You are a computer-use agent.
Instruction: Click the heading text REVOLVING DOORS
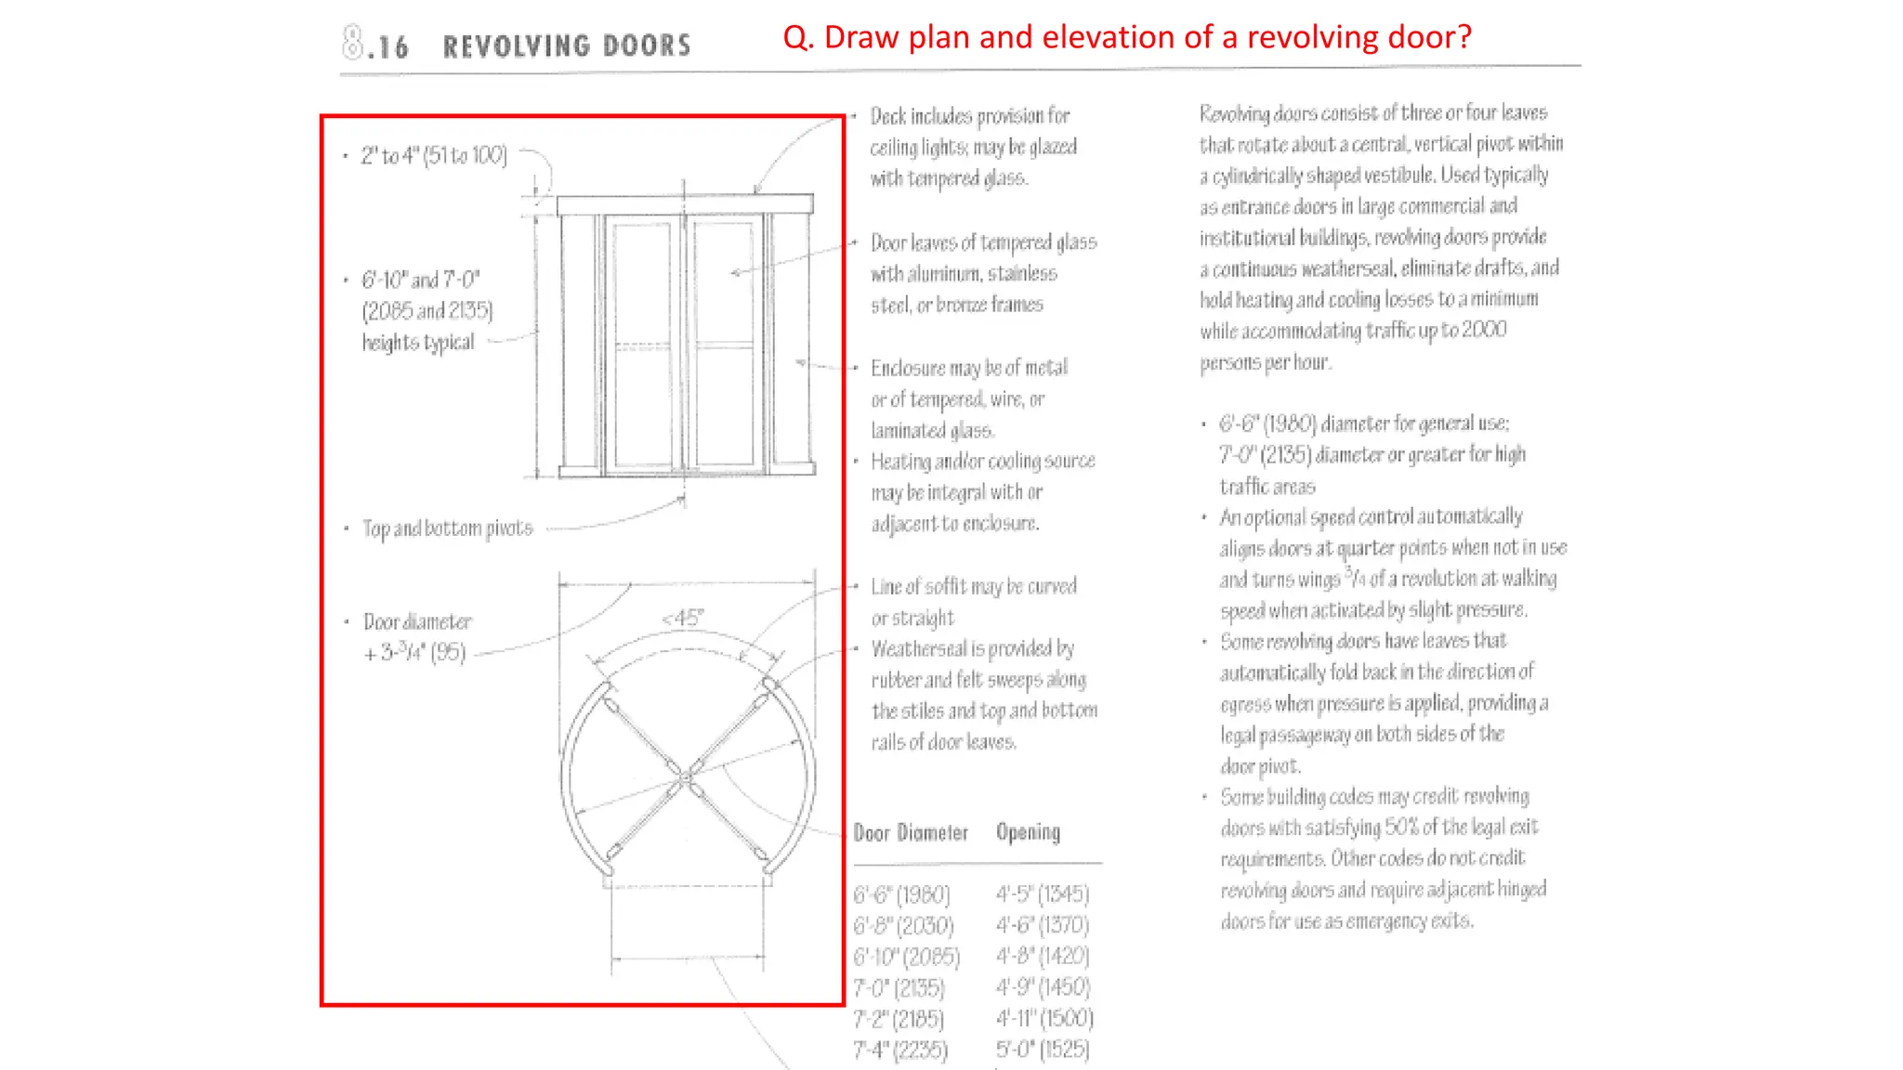(x=567, y=46)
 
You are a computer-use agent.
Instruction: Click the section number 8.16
(x=375, y=45)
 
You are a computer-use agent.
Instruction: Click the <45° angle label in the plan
(x=683, y=619)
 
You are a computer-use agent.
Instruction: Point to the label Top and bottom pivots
(x=447, y=528)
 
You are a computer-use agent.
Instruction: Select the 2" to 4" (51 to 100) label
(x=434, y=156)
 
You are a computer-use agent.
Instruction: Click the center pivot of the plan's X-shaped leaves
(x=685, y=776)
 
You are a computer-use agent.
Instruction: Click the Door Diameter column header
(x=911, y=833)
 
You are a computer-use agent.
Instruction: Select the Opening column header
(x=1028, y=832)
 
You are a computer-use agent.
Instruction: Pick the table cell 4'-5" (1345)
(x=1043, y=894)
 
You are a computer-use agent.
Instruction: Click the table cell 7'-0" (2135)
(x=899, y=988)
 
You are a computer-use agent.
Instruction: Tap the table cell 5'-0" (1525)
(x=1043, y=1050)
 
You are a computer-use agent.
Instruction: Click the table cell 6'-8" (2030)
(x=903, y=926)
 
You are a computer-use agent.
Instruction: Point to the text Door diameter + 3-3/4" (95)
(x=417, y=637)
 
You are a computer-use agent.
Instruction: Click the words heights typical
(x=418, y=343)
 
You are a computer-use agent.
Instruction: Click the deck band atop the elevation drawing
(x=685, y=204)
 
